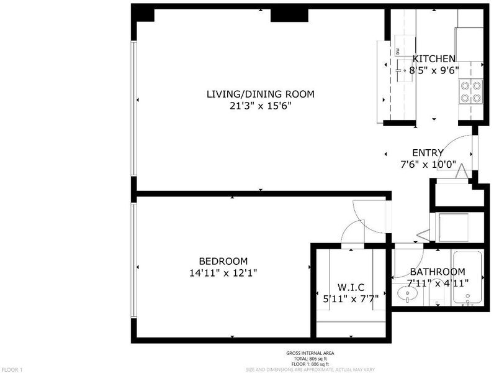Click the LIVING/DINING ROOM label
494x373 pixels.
(x=260, y=94)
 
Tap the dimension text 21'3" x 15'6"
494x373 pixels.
(x=260, y=106)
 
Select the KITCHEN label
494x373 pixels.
(x=434, y=58)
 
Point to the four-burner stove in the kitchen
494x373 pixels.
(x=471, y=91)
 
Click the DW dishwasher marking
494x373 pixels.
(x=398, y=51)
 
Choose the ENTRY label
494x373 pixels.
(x=428, y=153)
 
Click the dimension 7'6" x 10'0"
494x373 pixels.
(x=428, y=164)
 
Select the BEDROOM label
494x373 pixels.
(x=223, y=261)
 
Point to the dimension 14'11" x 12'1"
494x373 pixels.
(x=223, y=273)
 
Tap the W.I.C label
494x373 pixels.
(x=351, y=287)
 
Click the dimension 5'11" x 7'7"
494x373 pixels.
(x=351, y=298)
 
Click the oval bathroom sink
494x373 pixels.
(x=407, y=295)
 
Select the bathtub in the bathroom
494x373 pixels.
(x=467, y=278)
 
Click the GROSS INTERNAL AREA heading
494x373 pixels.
(x=310, y=354)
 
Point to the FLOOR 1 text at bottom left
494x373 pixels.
(x=12, y=370)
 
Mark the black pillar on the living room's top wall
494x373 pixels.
(x=289, y=16)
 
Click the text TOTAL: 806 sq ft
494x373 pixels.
(x=310, y=359)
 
